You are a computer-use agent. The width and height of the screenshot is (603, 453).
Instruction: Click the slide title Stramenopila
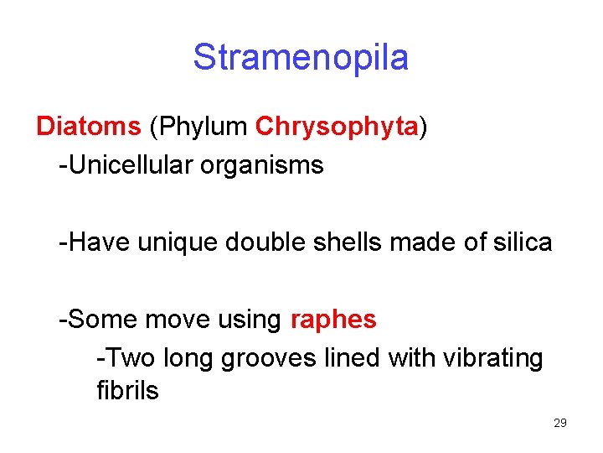tap(301, 58)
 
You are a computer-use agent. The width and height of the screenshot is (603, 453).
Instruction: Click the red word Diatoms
tap(89, 126)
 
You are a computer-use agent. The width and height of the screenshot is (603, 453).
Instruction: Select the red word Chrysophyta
tap(337, 126)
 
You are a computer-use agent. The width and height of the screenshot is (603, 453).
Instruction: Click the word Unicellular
tap(130, 164)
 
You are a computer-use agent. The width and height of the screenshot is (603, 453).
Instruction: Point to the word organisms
tap(261, 166)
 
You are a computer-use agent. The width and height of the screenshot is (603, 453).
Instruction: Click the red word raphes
tap(333, 320)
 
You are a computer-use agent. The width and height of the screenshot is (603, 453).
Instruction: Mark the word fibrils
tap(127, 390)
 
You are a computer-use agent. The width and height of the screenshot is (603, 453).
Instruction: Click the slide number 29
tap(560, 423)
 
